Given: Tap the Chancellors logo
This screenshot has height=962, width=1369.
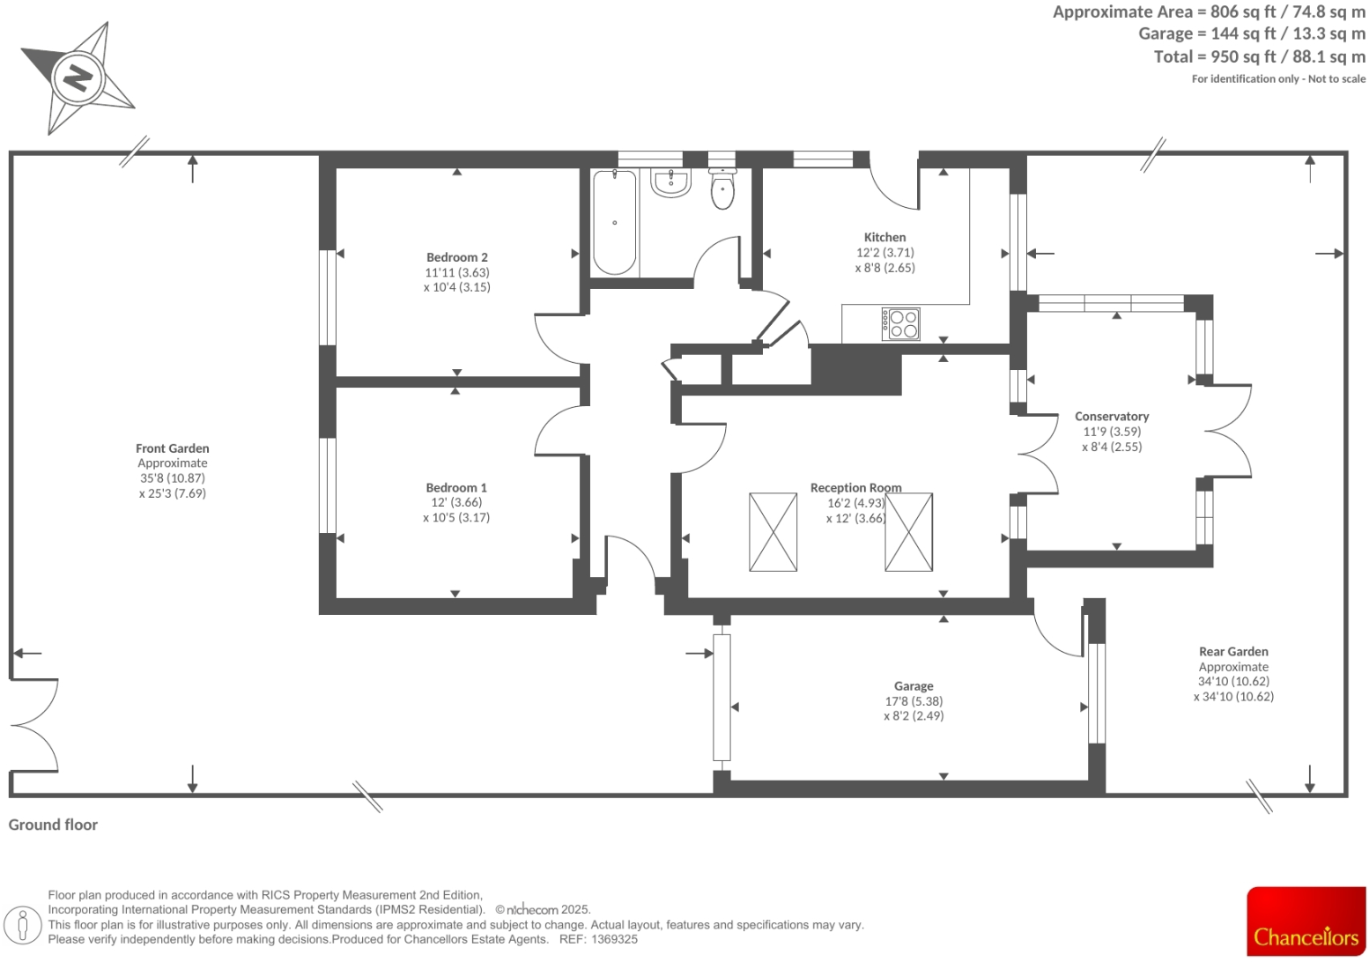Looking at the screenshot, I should coord(1306,921).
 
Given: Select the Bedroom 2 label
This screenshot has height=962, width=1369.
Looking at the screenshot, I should coord(456,257).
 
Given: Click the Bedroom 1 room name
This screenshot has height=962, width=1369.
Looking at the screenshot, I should coord(455,487).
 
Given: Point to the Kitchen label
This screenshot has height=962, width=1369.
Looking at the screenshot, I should coord(884,237).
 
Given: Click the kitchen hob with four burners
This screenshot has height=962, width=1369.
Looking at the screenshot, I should coord(901,323).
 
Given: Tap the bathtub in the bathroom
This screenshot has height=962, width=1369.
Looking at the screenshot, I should coord(614,222).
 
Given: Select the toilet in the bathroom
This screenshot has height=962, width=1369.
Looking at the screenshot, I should coord(722,189).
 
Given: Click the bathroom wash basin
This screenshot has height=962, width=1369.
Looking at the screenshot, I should coord(671,183).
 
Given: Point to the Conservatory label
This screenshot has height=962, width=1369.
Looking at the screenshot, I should coord(1111,416).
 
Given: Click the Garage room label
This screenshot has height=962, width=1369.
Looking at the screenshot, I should coord(913,685).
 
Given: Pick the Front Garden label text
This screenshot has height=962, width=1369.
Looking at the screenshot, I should coord(172,448).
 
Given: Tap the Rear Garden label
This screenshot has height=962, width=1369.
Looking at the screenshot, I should coord(1232,652).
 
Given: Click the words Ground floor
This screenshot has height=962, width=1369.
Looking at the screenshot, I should coord(53,825).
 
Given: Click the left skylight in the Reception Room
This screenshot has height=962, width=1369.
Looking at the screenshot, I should coord(773,532).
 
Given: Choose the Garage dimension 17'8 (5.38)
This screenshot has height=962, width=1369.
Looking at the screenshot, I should coord(913,701).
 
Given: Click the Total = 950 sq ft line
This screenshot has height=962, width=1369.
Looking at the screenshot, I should coord(1259,56).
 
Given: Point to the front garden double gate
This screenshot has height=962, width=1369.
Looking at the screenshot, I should coord(33,725).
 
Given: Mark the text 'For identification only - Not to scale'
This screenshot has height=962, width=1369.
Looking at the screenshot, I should coord(1277,79).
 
